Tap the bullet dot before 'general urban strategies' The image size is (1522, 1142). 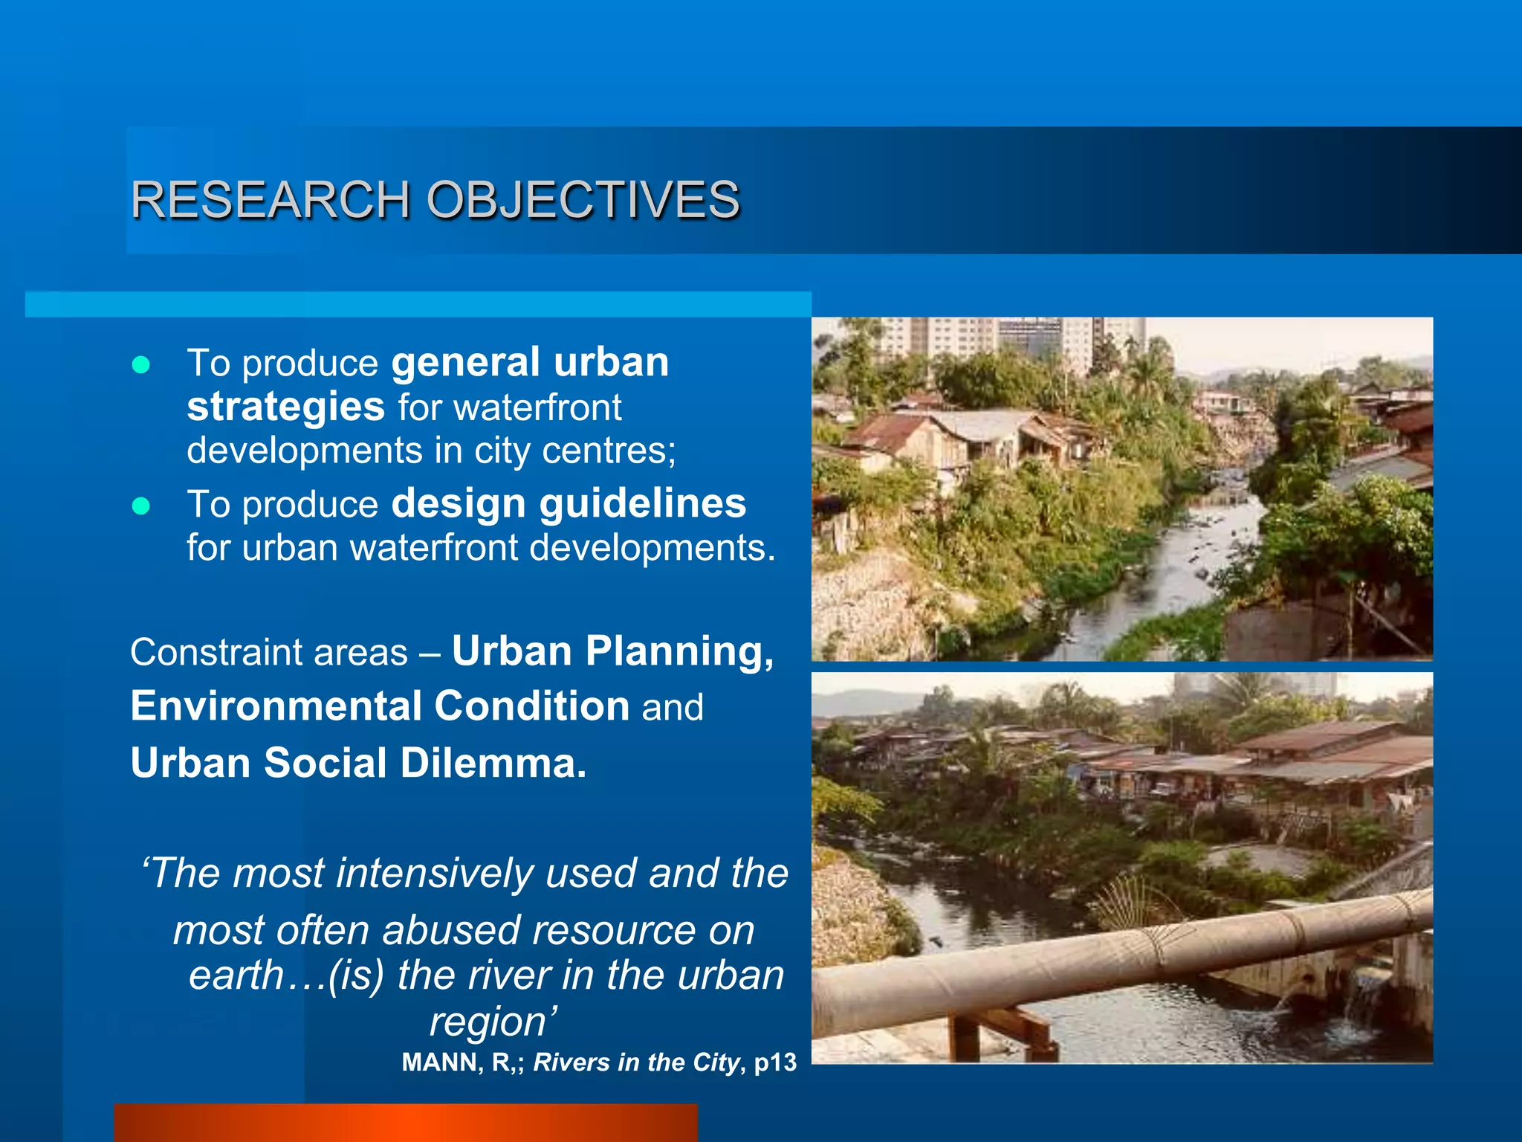click(140, 364)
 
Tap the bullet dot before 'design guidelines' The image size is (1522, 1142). click(140, 506)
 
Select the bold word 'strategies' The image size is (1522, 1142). click(285, 407)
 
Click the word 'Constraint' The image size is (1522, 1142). click(216, 653)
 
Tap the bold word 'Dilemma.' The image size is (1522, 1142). click(493, 764)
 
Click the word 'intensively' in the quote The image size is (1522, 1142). click(435, 873)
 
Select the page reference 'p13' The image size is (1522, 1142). click(775, 1062)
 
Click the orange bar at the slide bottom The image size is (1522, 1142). click(406, 1123)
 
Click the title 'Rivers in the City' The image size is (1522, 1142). click(636, 1062)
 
